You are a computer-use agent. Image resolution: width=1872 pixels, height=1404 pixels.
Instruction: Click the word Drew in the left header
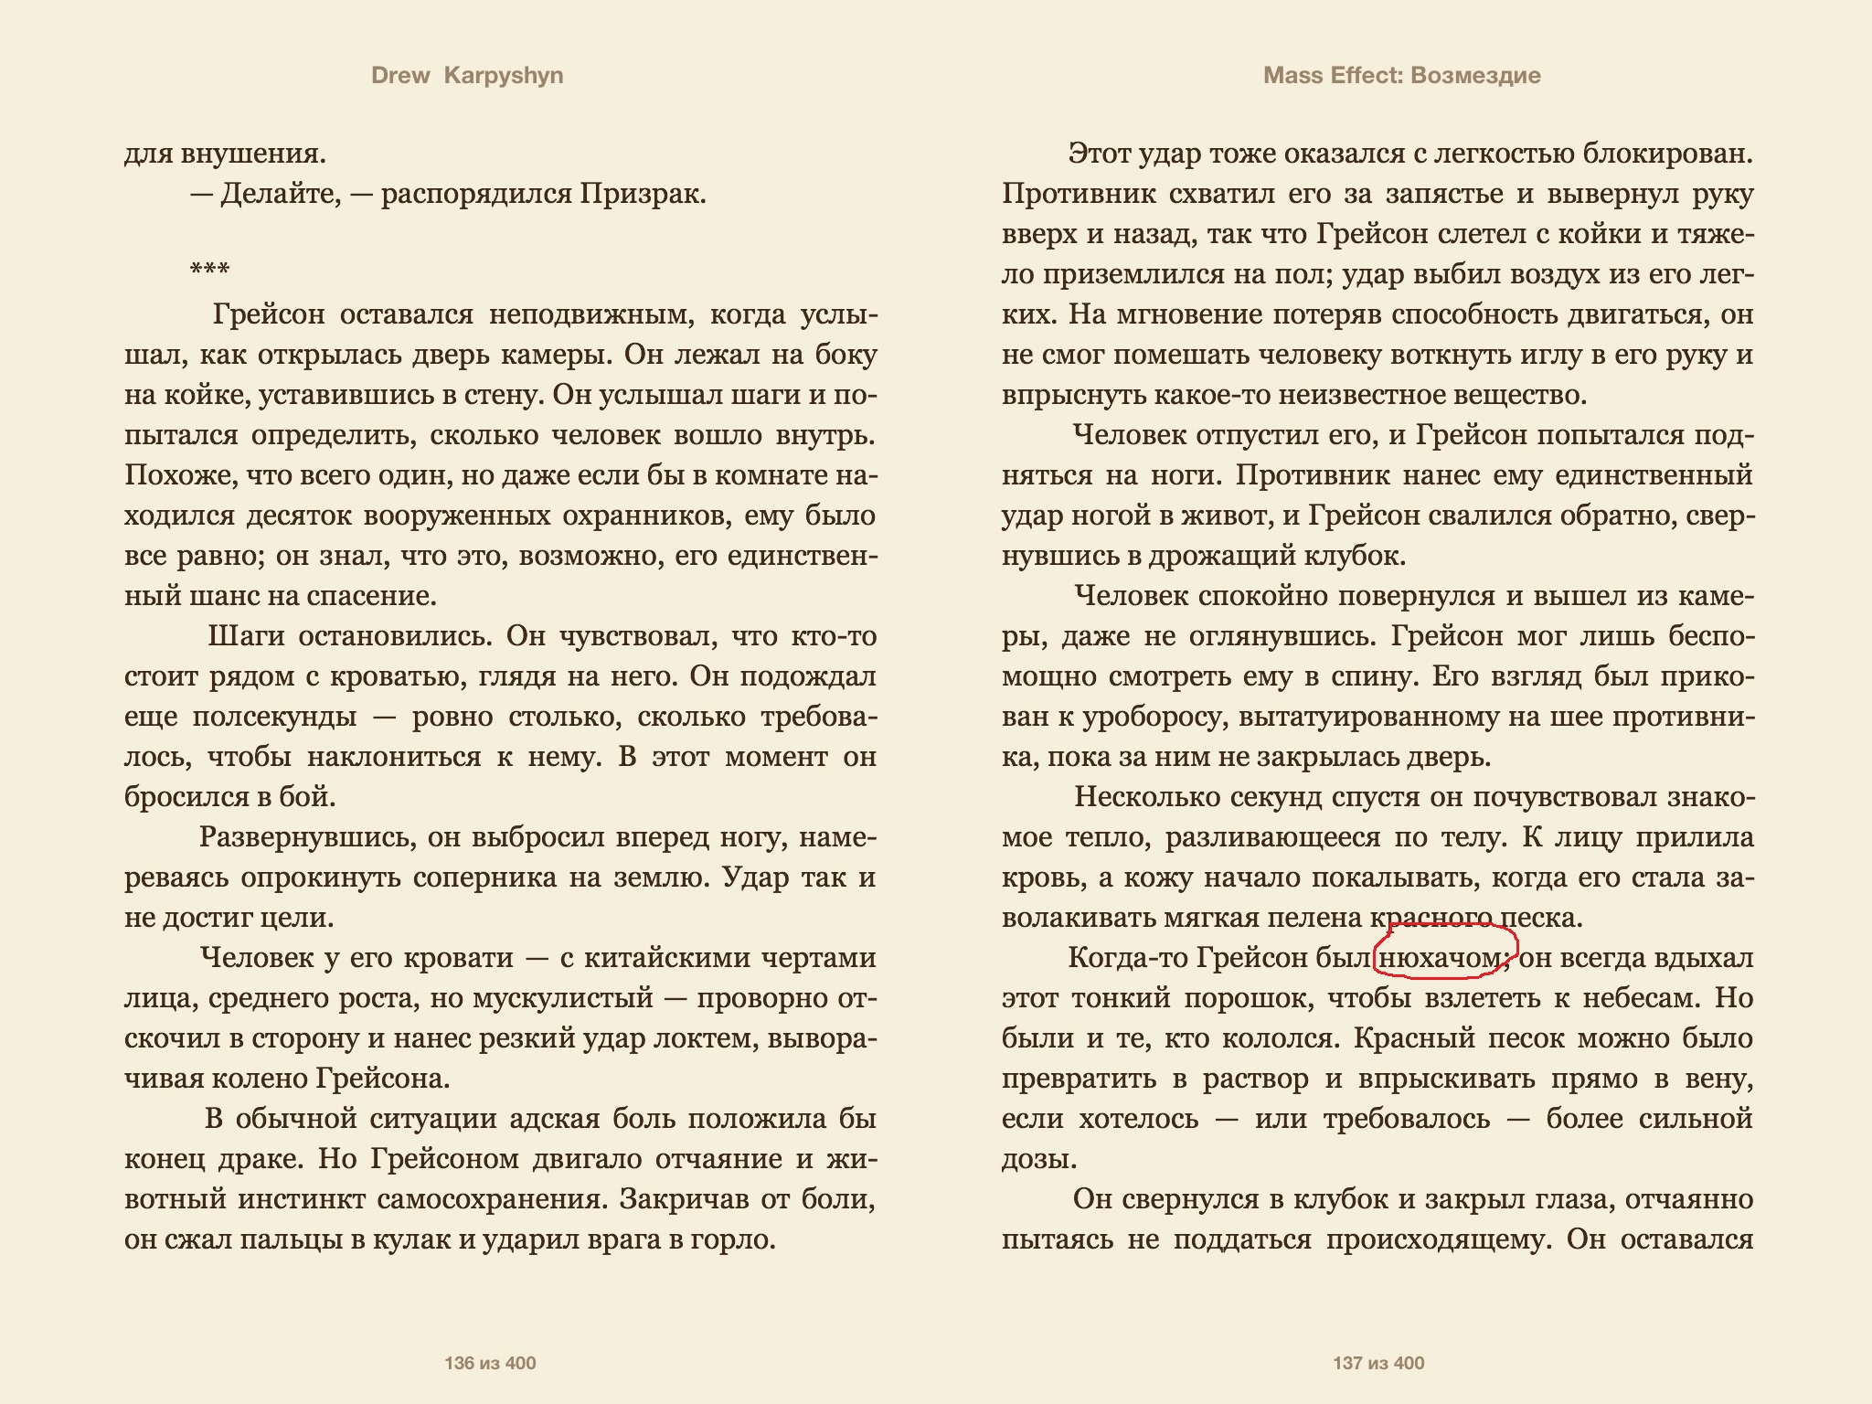pos(400,76)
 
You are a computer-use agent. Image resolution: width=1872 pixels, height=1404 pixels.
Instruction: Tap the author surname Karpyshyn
pos(504,76)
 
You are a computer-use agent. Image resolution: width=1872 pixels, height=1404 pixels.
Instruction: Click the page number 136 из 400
pos(490,1364)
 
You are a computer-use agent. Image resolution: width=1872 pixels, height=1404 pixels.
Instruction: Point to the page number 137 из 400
pos(1378,1364)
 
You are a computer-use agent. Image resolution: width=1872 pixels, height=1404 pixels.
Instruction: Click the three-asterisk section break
pos(209,270)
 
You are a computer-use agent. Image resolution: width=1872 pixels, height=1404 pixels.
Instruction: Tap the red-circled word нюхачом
pos(1441,958)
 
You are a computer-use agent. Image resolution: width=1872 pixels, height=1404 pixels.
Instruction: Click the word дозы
pos(1038,1159)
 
